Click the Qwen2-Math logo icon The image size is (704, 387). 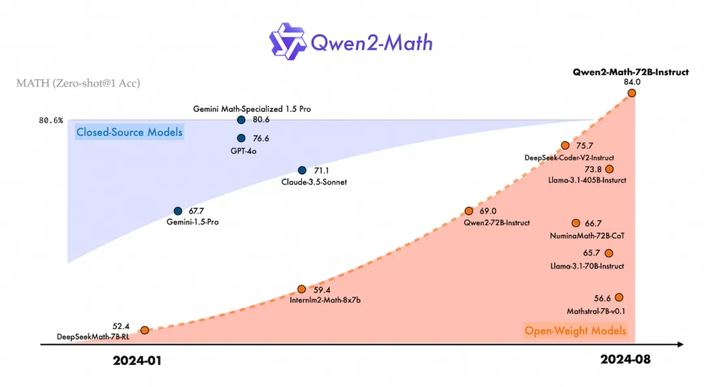pyautogui.click(x=288, y=41)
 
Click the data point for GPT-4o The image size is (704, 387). pyautogui.click(x=241, y=138)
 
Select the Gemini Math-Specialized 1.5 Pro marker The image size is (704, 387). pyautogui.click(x=241, y=120)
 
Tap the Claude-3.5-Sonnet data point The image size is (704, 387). pyautogui.click(x=302, y=170)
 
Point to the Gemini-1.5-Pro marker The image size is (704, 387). pyautogui.click(x=178, y=211)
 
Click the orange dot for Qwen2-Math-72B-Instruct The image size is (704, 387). pyautogui.click(x=632, y=93)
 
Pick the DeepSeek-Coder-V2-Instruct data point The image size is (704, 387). pyautogui.click(x=565, y=146)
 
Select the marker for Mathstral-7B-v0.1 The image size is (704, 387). pyautogui.click(x=619, y=298)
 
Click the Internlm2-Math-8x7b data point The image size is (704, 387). pyautogui.click(x=301, y=289)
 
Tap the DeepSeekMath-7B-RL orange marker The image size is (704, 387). pyautogui.click(x=145, y=330)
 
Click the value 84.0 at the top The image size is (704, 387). pyautogui.click(x=632, y=82)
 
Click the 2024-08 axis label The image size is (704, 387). pyautogui.click(x=626, y=360)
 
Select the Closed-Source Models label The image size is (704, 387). pyautogui.click(x=129, y=132)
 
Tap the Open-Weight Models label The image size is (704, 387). pyautogui.click(x=575, y=331)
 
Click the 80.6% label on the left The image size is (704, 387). pyautogui.click(x=51, y=121)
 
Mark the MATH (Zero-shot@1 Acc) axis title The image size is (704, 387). pyautogui.click(x=78, y=83)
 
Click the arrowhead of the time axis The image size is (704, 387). pyautogui.click(x=679, y=344)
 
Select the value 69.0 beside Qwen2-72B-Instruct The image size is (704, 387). pyautogui.click(x=489, y=211)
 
